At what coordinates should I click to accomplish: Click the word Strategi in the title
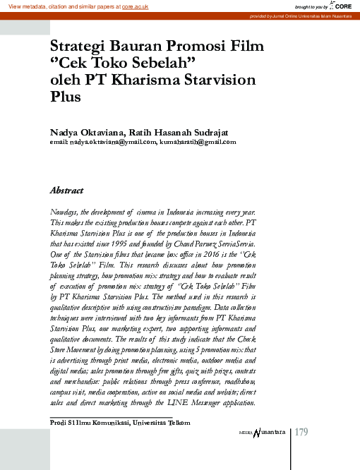pos(78,47)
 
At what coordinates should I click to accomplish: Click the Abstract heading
pos(67,191)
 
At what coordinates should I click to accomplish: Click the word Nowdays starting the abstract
pos(64,212)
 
